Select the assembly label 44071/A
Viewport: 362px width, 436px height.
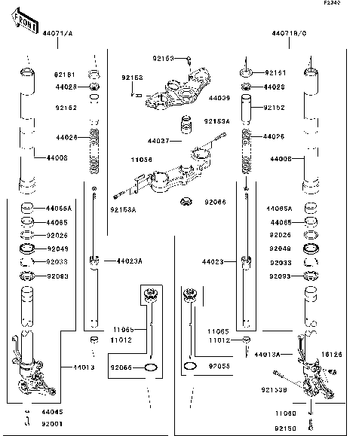click(x=57, y=34)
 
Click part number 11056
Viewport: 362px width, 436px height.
click(x=141, y=160)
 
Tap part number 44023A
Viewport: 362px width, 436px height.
click(x=129, y=261)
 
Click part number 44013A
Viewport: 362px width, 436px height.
click(x=267, y=353)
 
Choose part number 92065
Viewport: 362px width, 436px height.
click(x=121, y=367)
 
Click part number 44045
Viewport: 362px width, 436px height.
click(x=53, y=413)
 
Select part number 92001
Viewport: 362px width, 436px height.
click(x=53, y=423)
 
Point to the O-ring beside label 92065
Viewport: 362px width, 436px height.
click(x=150, y=367)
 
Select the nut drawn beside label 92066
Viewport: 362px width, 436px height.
click(x=186, y=202)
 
